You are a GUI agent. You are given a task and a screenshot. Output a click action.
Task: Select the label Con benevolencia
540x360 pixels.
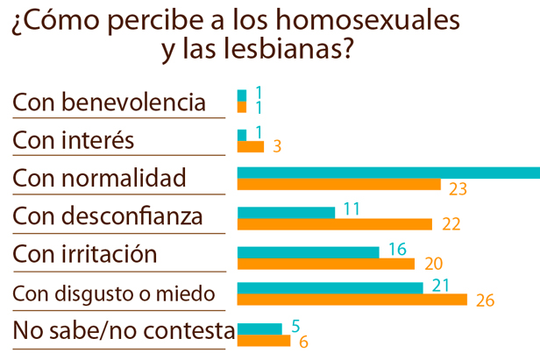point(109,102)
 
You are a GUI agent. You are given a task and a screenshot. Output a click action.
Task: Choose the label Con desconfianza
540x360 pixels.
point(108,216)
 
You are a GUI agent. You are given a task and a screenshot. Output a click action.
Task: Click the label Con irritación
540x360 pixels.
point(85,255)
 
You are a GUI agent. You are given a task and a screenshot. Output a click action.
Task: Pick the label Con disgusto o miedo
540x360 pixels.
point(113,293)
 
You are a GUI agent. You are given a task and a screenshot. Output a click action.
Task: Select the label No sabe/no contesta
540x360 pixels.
point(124,332)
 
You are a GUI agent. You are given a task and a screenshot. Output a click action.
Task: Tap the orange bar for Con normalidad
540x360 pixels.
point(338,185)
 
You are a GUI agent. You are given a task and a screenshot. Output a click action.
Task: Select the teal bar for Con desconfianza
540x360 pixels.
point(286,212)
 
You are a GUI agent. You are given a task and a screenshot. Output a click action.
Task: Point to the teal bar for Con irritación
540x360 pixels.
point(308,251)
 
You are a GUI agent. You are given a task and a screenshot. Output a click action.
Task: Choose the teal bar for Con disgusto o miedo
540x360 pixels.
point(330,288)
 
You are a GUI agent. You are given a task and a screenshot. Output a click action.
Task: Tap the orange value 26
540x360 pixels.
point(486,301)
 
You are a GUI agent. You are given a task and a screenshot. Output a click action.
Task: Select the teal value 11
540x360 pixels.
point(352,208)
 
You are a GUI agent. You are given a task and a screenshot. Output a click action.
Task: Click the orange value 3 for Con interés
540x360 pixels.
point(277,147)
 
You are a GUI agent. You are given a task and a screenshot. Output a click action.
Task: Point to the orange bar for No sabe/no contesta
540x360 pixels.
point(264,340)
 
